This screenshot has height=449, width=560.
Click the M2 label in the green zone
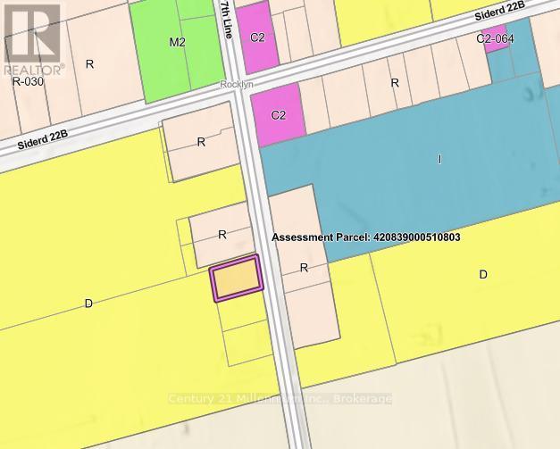tap(177, 42)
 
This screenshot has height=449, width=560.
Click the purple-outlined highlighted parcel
tap(237, 279)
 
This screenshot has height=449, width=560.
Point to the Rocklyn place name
tap(235, 87)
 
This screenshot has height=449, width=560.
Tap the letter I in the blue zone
tap(439, 159)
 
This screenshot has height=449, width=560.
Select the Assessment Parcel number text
tap(366, 238)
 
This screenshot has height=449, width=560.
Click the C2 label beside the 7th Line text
tap(258, 37)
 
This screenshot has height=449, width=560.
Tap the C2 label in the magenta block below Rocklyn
tap(279, 115)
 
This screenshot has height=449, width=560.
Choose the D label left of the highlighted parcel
tap(88, 303)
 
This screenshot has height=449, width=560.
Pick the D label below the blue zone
tap(483, 274)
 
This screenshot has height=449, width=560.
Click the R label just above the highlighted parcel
tap(222, 235)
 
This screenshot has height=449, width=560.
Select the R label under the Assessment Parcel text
tap(304, 268)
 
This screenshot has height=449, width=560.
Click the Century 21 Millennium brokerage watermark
tap(280, 398)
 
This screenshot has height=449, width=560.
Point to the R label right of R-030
tap(89, 63)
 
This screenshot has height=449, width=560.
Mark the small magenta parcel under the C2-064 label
tap(489, 47)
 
